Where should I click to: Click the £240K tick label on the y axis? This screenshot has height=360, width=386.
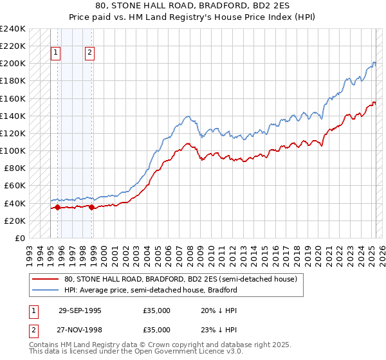click(13, 29)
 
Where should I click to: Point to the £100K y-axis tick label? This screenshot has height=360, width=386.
click(13, 150)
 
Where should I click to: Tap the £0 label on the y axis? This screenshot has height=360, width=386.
click(20, 238)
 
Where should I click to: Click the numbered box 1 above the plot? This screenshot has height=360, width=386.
click(56, 53)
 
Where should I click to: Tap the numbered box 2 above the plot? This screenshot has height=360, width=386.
click(89, 53)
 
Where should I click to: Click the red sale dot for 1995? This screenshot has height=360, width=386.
click(57, 207)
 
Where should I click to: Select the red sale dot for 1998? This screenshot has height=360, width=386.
click(92, 207)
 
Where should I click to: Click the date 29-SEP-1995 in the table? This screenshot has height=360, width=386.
click(80, 310)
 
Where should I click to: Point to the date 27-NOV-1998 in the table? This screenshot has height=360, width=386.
click(80, 329)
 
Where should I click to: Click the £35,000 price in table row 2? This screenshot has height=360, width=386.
click(156, 329)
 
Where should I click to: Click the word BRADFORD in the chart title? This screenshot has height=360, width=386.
click(190, 6)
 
